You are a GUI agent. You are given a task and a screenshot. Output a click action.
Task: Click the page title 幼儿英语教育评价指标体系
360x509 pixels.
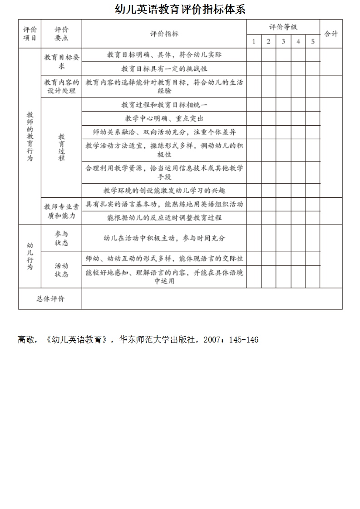180,10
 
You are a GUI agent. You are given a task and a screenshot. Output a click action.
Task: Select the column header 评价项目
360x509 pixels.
30,34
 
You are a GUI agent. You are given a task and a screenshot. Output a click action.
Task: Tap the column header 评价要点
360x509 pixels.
61,34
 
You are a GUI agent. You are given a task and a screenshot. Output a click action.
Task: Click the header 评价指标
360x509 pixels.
164,34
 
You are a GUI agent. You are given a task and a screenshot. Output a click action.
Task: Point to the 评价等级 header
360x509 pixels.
283,27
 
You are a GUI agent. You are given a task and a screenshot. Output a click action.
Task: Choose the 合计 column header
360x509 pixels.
331,34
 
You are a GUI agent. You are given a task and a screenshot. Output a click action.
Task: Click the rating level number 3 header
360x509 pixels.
283,42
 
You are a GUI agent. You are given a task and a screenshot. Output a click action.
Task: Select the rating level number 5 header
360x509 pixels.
313,42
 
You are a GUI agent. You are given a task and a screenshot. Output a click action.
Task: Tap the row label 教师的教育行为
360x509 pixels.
30,136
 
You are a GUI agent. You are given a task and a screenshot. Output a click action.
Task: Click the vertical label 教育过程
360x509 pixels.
61,147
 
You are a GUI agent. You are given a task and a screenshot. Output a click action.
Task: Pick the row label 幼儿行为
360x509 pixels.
30,256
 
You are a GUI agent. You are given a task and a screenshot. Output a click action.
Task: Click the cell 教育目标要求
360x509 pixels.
61,62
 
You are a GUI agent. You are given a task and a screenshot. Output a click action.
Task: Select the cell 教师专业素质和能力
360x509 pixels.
61,211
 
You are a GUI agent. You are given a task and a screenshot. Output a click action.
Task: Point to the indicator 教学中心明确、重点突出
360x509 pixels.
164,118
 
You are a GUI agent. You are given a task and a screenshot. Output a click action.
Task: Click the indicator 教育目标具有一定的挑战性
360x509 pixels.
164,69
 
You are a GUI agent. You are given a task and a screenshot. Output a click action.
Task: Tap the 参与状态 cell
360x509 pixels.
61,238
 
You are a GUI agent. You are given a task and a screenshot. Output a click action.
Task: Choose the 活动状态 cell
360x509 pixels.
61,270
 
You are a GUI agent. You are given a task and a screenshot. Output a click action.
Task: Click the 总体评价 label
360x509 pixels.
50,299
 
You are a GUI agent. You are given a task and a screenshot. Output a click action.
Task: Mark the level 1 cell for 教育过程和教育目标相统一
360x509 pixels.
254,105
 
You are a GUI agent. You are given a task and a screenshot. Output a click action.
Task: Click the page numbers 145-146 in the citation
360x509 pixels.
243,340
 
